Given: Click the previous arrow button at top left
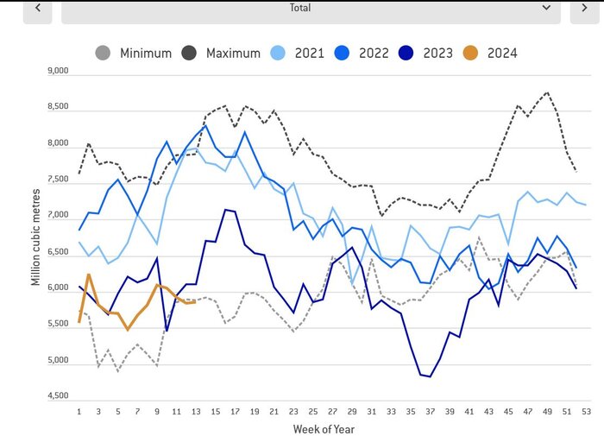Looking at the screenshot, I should (37, 8).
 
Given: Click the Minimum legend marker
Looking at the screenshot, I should (103, 53).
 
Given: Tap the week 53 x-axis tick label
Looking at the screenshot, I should (587, 410).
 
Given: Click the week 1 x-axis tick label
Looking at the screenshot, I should (79, 410).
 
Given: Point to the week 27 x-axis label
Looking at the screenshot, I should (333, 410).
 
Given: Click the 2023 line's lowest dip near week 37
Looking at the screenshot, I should (430, 376).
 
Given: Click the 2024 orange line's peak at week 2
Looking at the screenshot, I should (89, 275).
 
